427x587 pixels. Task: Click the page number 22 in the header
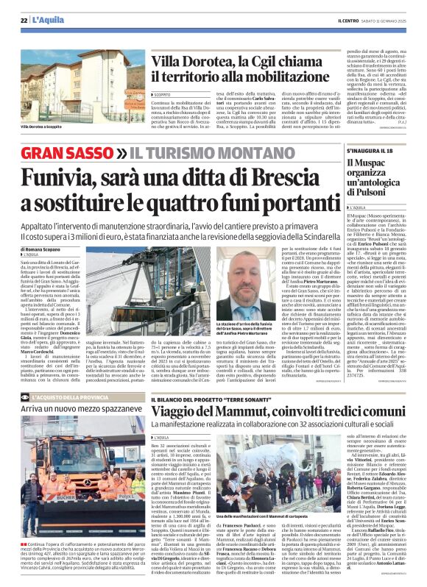click(24, 20)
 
